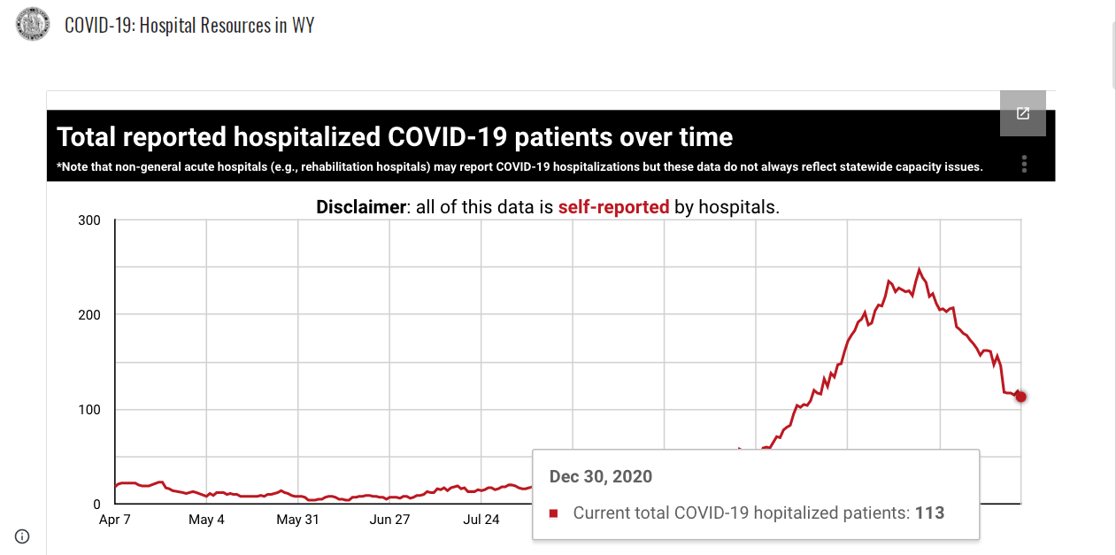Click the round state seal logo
pos(33,23)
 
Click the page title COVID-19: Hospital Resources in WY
pos(189,25)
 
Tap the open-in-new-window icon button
pos(1023,113)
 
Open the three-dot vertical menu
pos(1024,164)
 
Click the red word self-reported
pos(613,207)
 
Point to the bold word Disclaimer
pos(361,207)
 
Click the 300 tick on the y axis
pos(89,220)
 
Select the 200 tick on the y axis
pos(89,315)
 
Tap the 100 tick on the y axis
pos(89,410)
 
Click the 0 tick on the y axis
pos(96,505)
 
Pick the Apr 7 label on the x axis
pos(114,520)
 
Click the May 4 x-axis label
pos(206,520)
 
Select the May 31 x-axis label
pos(297,520)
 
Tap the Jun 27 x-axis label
pos(389,520)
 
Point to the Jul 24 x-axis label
pos(481,520)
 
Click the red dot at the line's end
pos(1020,397)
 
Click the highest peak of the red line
pos(920,269)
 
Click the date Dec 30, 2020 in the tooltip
pos(600,476)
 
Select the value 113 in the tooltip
pos(929,513)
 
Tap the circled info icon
pos(22,536)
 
